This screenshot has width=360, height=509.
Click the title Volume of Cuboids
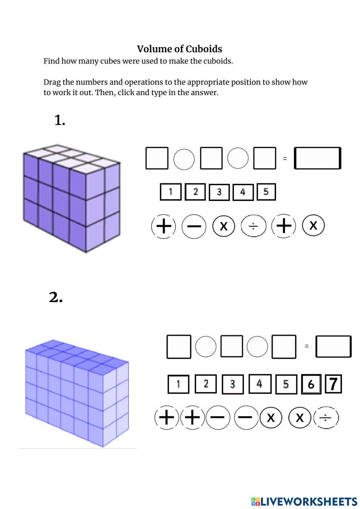(179, 49)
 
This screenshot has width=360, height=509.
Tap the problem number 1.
(59, 120)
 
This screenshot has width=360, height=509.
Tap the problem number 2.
(56, 298)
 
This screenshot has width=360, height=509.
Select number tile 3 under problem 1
(219, 192)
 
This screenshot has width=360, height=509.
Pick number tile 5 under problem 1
(266, 192)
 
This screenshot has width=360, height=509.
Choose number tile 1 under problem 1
(171, 192)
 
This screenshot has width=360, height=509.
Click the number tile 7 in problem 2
(333, 384)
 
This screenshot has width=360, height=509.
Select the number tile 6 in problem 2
(311, 384)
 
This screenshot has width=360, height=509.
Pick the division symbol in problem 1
(253, 226)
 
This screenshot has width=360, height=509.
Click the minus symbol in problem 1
(194, 226)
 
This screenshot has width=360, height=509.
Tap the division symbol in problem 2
(326, 418)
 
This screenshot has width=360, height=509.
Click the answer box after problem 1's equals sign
(317, 158)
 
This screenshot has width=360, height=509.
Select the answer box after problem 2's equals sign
(333, 347)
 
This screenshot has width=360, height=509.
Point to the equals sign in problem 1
(285, 158)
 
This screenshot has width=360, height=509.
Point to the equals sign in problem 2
(307, 346)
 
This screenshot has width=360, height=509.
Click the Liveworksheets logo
(304, 501)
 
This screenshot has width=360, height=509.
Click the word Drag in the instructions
(52, 82)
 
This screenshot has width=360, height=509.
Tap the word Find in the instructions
(51, 61)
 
